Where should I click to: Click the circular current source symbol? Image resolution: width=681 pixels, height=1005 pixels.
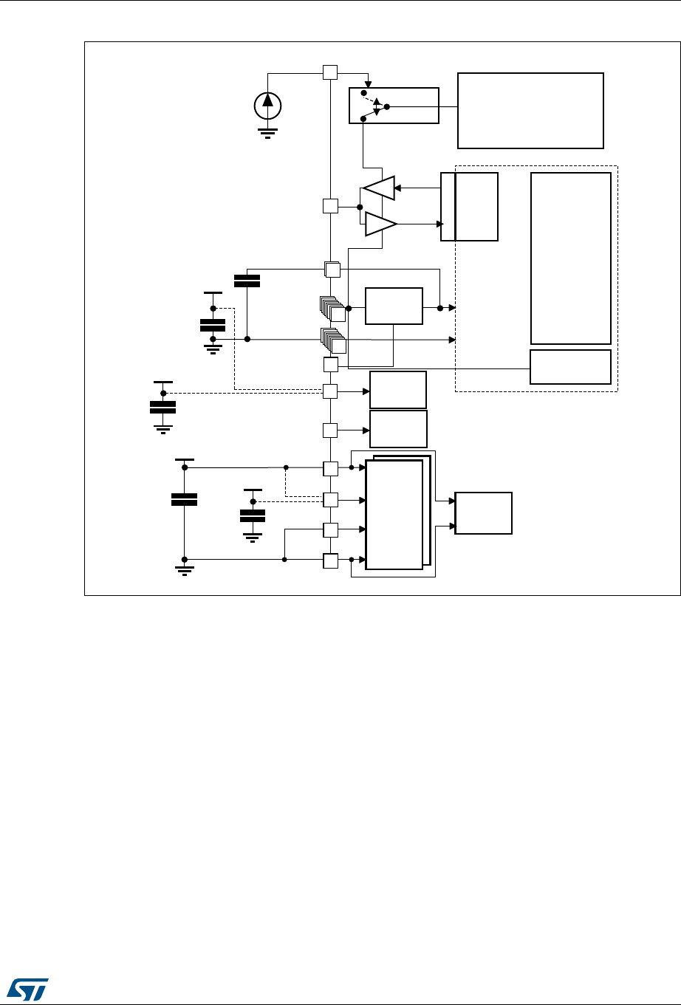click(x=267, y=106)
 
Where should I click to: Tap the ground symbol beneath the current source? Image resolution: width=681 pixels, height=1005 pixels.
click(x=267, y=132)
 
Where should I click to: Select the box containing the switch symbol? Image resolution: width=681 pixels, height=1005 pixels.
click(x=393, y=106)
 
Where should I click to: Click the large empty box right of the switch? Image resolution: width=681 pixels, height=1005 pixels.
click(x=530, y=111)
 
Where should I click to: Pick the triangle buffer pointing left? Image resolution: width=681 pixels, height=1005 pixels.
click(x=380, y=188)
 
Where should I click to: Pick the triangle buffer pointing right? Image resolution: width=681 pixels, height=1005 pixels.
click(x=380, y=224)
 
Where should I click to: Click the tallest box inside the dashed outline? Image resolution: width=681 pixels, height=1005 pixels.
click(x=570, y=258)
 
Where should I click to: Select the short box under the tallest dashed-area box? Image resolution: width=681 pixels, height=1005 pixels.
click(x=570, y=366)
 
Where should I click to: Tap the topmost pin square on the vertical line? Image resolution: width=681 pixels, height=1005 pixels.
click(x=330, y=72)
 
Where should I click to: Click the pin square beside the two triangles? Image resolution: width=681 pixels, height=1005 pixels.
click(x=330, y=206)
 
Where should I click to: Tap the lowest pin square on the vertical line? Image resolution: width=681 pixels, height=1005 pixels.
click(x=330, y=560)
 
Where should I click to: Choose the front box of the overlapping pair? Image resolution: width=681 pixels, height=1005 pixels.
click(x=394, y=515)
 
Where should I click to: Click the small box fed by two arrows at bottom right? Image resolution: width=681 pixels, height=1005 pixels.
click(x=484, y=512)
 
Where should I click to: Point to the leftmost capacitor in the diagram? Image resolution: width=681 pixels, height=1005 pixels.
click(x=162, y=406)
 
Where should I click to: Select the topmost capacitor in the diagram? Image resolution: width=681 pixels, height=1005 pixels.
click(x=247, y=281)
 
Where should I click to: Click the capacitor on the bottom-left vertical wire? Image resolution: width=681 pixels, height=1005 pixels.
click(x=184, y=499)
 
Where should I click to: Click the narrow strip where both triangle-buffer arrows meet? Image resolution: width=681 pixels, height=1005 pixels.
click(x=448, y=206)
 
